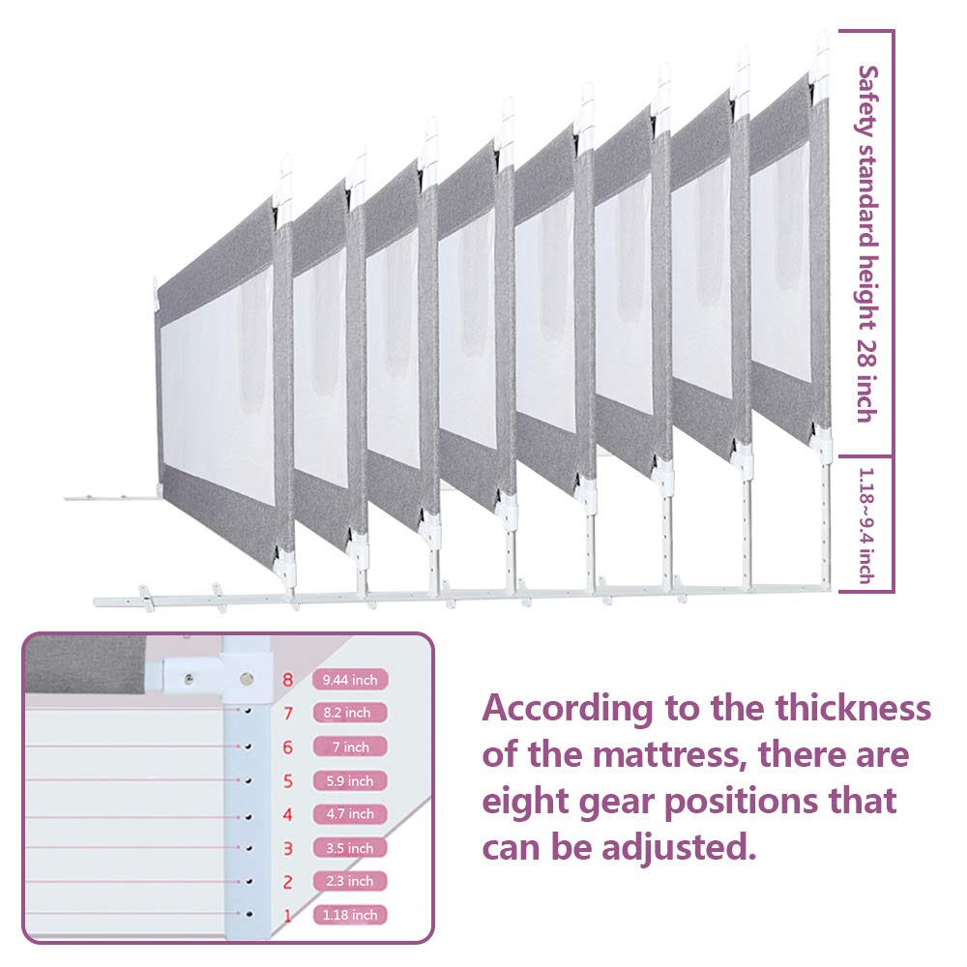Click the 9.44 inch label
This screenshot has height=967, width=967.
350,680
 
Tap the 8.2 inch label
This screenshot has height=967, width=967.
350,713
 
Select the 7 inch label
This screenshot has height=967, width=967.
350,747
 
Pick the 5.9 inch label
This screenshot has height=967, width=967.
350,780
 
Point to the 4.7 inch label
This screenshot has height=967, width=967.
350,814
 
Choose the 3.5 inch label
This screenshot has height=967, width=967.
350,848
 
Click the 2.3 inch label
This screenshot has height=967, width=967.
350,881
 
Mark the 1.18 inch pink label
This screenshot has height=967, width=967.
350,915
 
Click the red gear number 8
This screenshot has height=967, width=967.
288,680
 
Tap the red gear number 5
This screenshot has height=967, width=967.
288,780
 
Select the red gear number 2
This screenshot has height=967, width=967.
288,882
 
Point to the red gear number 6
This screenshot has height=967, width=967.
288,747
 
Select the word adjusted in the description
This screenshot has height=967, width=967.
679,847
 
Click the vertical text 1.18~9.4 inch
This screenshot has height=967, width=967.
867,525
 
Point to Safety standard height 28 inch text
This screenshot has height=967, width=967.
867,245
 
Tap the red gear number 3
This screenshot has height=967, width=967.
288,848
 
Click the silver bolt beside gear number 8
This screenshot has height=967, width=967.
248,679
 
